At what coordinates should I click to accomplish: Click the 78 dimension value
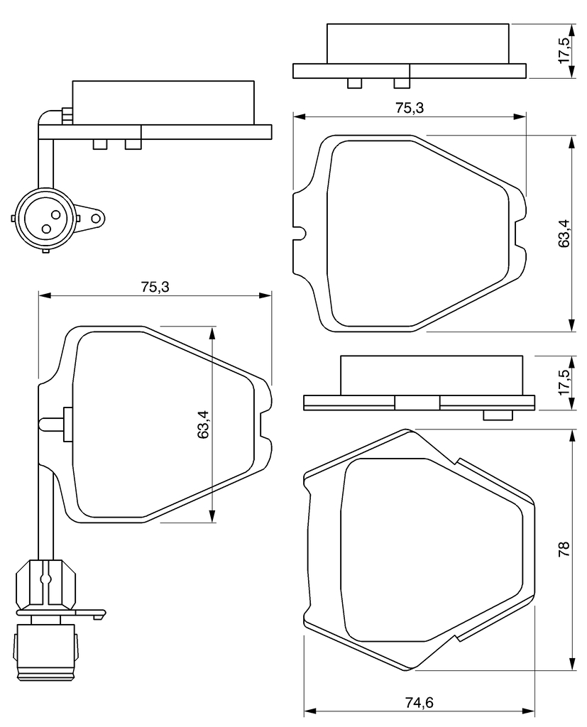[564, 549]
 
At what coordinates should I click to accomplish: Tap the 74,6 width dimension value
[419, 703]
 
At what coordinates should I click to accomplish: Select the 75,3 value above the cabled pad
[155, 287]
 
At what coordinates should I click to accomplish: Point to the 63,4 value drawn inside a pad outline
[203, 425]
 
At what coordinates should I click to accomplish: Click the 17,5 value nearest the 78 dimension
[564, 382]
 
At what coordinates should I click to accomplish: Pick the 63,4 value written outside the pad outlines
[564, 233]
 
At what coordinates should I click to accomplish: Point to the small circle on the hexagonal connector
[45, 579]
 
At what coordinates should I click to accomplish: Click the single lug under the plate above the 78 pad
[498, 415]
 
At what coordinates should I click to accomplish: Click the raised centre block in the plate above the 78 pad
[417, 403]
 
